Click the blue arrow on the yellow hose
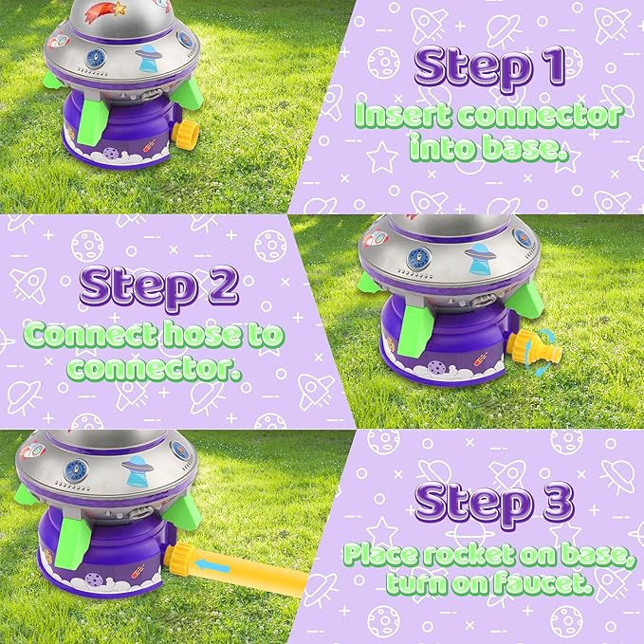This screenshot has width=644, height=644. pyautogui.click(x=212, y=565)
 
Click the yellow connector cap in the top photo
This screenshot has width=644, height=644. pyautogui.click(x=186, y=134)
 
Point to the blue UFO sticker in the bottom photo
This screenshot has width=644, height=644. pyautogui.click(x=138, y=470)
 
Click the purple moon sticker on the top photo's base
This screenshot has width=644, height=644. pyautogui.click(x=110, y=153)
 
